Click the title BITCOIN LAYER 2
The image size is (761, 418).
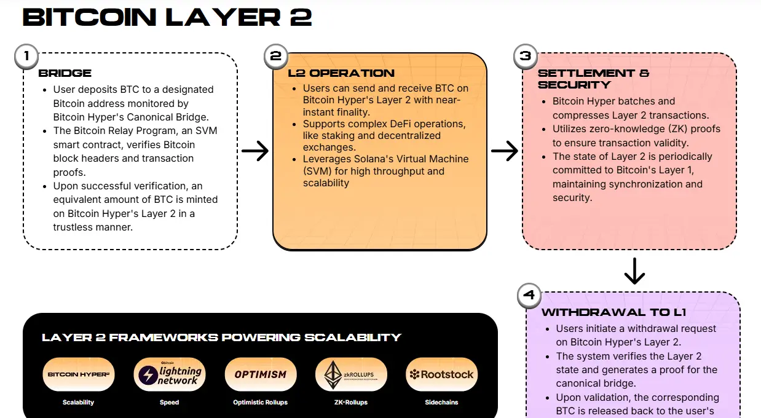(x=167, y=17)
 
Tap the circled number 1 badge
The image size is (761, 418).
(x=26, y=56)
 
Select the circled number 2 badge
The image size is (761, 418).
(x=275, y=56)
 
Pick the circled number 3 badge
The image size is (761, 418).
(x=525, y=56)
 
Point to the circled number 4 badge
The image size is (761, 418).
(x=529, y=296)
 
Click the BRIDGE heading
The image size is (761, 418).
(x=65, y=73)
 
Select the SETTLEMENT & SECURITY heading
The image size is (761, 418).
(x=593, y=79)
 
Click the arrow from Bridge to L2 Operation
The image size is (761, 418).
(x=254, y=151)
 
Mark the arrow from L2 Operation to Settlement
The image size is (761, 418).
(x=504, y=151)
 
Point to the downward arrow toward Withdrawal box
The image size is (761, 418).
(x=634, y=270)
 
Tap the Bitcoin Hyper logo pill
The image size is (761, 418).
(x=78, y=374)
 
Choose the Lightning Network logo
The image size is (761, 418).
(x=169, y=374)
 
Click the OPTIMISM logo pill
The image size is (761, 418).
(x=260, y=374)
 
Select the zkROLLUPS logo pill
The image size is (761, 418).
(x=351, y=374)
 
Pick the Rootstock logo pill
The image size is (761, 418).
(x=442, y=374)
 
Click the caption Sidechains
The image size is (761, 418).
(x=442, y=403)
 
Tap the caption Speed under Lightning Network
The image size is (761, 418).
(x=169, y=403)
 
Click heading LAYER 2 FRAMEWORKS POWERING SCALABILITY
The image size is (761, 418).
(x=221, y=337)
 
